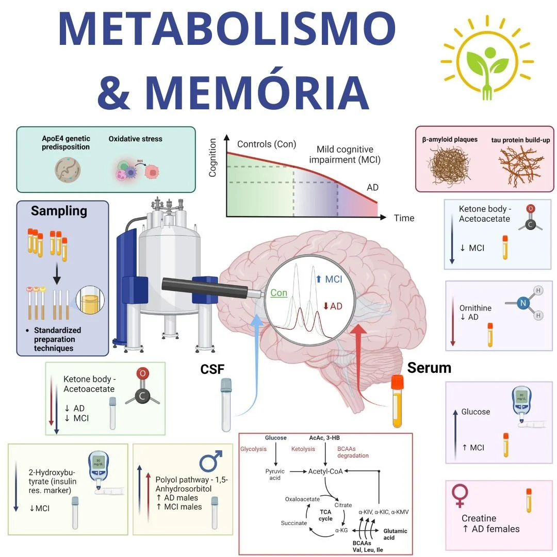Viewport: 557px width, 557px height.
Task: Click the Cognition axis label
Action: click(212, 158)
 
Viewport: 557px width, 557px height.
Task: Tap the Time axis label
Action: click(404, 218)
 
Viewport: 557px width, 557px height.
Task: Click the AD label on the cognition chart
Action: click(372, 187)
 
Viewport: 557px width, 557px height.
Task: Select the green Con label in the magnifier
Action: click(278, 293)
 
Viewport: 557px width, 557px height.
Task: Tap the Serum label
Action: click(429, 368)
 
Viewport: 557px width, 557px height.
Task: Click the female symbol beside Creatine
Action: click(459, 496)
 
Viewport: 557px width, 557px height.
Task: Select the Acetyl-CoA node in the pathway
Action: click(325, 471)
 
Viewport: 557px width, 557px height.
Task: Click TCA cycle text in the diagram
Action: click(325, 515)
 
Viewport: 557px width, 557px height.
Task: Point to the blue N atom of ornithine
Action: click(523, 303)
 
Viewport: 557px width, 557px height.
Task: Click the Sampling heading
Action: click(59, 211)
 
